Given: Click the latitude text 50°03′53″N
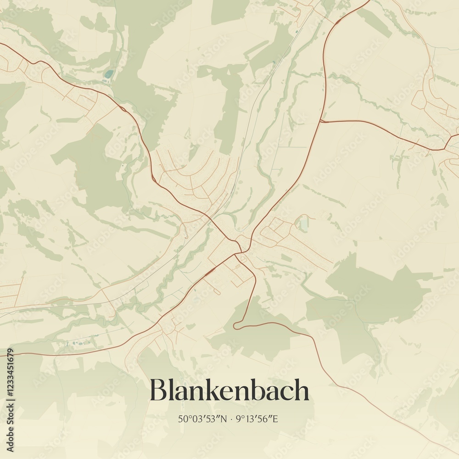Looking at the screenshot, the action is click(202, 419).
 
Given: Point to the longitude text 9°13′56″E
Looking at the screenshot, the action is click(257, 419).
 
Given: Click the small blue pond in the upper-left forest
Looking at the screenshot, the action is click(108, 74).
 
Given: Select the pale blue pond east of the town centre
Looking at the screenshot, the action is click(304, 224).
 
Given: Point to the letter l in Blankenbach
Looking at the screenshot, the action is click(172, 390).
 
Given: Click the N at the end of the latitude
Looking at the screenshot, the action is click(224, 419).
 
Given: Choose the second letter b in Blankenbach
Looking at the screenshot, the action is click(257, 390).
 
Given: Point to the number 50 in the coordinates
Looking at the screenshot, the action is click(183, 419).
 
